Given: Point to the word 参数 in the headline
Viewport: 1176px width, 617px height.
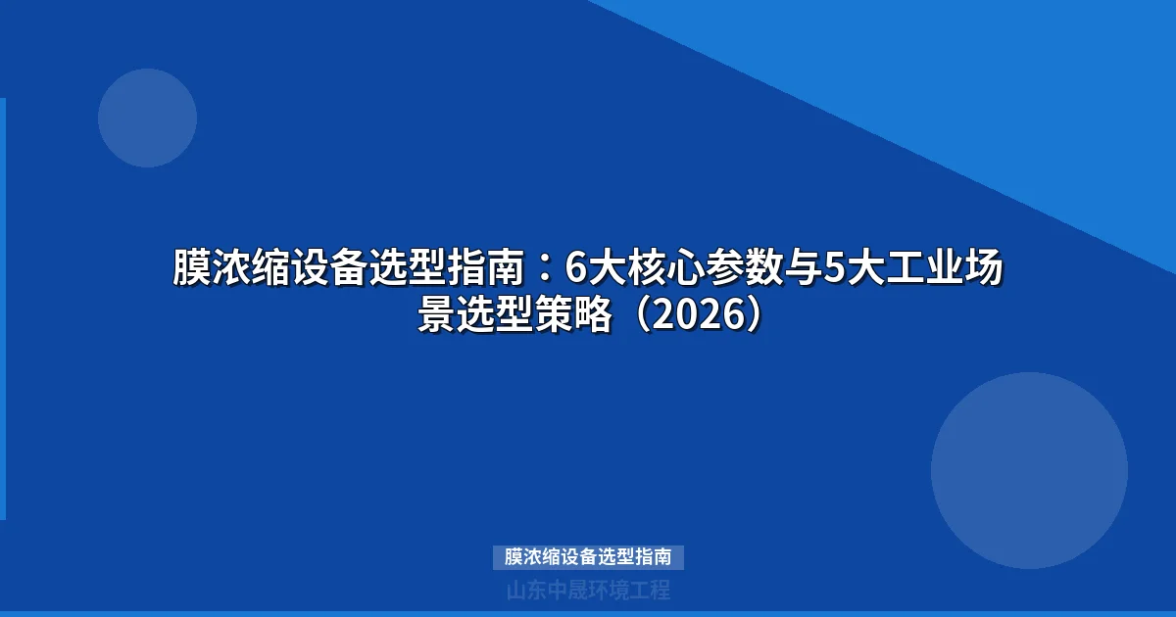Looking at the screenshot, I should (742, 267).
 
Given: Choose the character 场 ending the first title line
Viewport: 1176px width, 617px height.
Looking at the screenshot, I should (983, 267).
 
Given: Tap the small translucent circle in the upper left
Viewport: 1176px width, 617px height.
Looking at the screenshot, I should (147, 118).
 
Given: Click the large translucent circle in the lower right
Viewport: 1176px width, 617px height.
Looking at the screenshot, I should (1029, 470).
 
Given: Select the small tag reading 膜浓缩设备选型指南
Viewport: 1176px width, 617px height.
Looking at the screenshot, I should (588, 557).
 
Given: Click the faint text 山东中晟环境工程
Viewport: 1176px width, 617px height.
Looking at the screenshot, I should (588, 591).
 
